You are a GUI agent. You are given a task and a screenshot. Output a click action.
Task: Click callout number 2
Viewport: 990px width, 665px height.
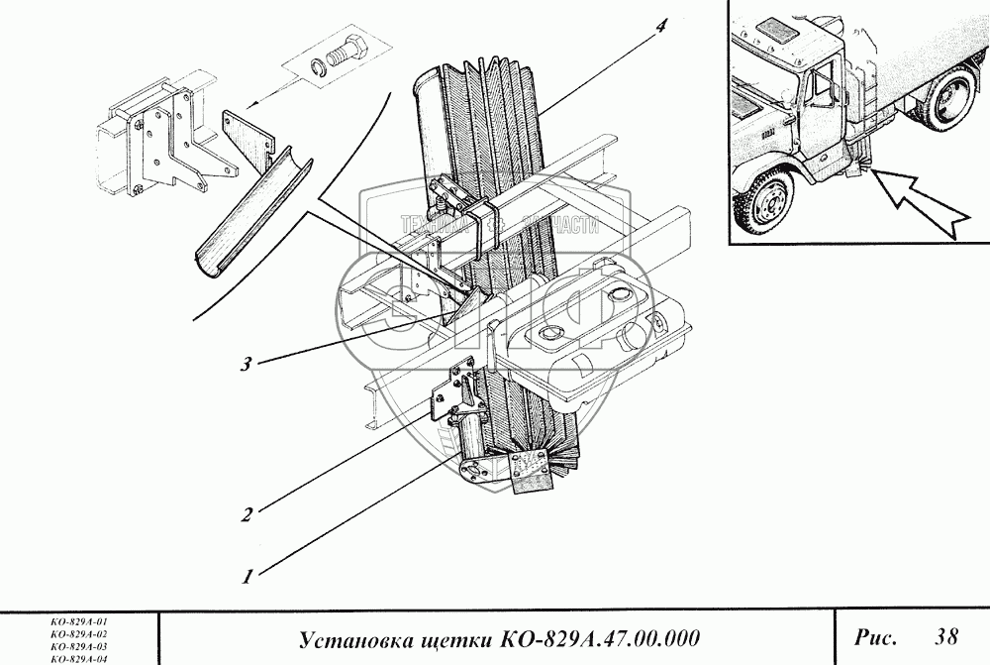click(x=247, y=513)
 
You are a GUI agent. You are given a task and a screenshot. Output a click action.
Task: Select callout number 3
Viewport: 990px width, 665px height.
click(x=244, y=364)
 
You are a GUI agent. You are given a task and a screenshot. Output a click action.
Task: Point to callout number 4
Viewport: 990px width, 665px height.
click(x=658, y=27)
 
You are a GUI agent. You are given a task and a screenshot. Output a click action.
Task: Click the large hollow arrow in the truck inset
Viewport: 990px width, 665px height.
click(x=926, y=203)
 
